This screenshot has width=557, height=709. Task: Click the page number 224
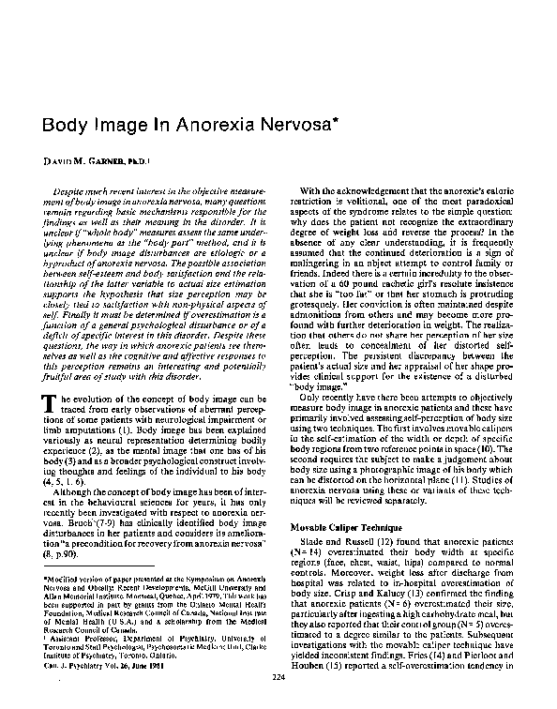coord(278,676)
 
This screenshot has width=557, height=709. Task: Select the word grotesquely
coord(320,333)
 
